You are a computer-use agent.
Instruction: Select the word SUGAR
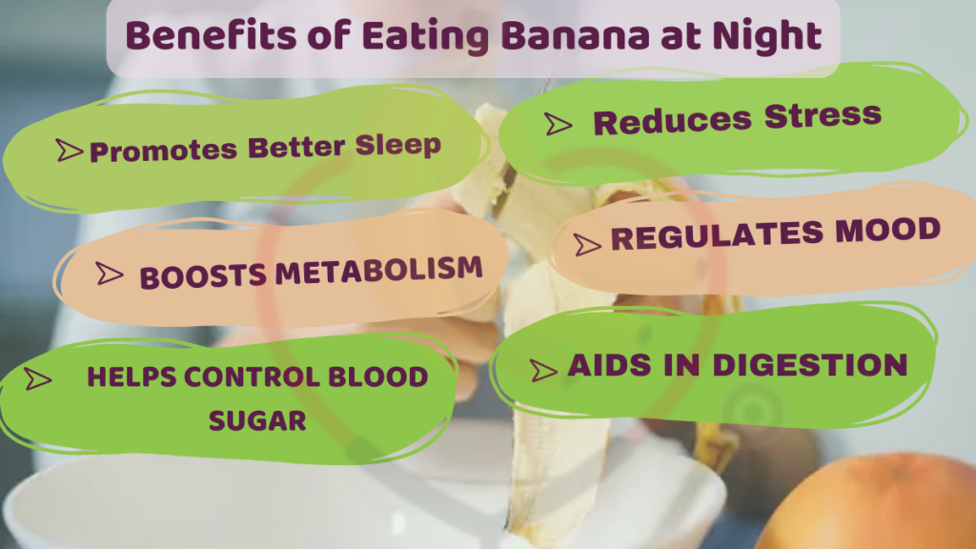258,420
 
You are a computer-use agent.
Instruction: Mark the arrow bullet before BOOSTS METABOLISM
110,274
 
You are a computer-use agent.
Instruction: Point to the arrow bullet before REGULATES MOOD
587,244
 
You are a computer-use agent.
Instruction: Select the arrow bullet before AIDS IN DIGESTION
543,369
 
